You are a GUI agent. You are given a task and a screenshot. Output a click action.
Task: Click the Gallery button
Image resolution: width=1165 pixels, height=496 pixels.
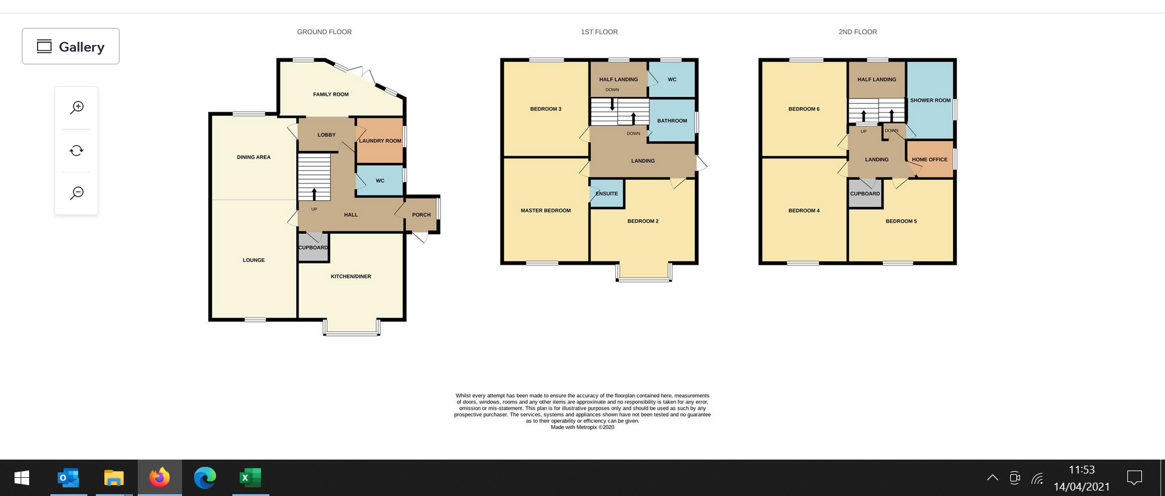pyautogui.click(x=70, y=46)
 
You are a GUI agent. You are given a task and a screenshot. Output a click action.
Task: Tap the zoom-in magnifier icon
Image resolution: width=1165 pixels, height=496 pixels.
pyautogui.click(x=77, y=107)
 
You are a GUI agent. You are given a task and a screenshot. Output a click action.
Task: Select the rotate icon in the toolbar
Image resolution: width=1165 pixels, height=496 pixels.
pyautogui.click(x=76, y=151)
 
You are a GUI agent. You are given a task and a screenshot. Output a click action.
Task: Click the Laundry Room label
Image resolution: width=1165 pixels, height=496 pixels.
pyautogui.click(x=380, y=141)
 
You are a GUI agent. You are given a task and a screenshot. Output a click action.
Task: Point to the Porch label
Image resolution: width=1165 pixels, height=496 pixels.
pyautogui.click(x=421, y=215)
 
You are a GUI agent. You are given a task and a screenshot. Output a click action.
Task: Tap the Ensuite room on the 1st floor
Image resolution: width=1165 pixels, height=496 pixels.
pyautogui.click(x=607, y=194)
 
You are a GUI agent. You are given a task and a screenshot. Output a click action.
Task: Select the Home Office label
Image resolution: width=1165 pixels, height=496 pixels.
pyautogui.click(x=930, y=160)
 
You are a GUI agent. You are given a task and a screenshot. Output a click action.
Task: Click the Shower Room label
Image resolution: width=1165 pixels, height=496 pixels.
pyautogui.click(x=930, y=100)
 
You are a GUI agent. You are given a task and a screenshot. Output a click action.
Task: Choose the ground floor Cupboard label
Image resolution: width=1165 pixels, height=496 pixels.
pyautogui.click(x=313, y=248)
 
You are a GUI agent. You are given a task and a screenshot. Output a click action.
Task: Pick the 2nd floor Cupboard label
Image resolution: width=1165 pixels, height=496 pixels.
pyautogui.click(x=865, y=194)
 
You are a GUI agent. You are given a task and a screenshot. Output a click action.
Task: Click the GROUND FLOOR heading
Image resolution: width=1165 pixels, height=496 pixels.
pyautogui.click(x=324, y=32)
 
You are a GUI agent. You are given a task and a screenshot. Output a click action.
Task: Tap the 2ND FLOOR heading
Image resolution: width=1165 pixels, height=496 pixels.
pyautogui.click(x=857, y=32)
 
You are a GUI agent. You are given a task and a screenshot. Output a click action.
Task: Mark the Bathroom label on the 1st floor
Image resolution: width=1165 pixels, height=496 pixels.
pyautogui.click(x=672, y=121)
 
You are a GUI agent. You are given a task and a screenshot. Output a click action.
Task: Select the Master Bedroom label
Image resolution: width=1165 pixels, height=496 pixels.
pyautogui.click(x=545, y=211)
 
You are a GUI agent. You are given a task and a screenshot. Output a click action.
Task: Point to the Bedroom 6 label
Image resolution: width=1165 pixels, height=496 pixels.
pyautogui.click(x=804, y=109)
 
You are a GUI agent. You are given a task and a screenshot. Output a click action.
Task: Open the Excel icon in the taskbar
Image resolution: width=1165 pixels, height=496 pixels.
pyautogui.click(x=251, y=478)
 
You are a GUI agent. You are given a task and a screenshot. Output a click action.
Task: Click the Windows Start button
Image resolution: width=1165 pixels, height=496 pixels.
pyautogui.click(x=22, y=478)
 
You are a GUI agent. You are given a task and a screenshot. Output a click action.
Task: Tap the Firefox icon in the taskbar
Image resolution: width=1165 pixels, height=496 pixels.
pyautogui.click(x=160, y=478)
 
